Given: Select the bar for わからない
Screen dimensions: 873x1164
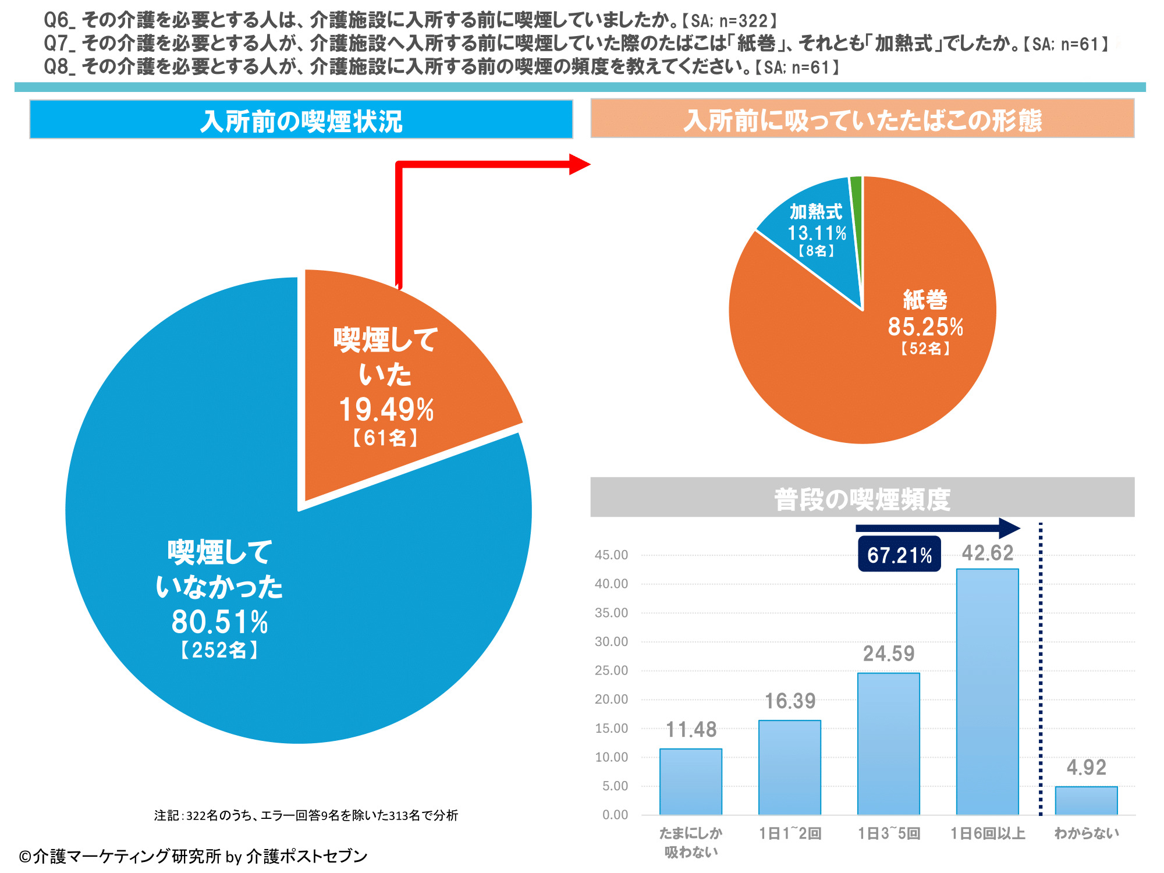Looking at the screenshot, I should click(1086, 800).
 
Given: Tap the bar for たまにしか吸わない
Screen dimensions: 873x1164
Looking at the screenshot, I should click(691, 781).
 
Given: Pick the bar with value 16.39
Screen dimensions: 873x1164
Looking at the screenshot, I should click(790, 767).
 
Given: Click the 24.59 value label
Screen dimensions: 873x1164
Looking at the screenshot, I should click(889, 654).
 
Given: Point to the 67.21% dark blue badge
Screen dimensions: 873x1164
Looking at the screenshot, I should click(899, 555).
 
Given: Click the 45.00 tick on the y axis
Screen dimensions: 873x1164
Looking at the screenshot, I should click(611, 555).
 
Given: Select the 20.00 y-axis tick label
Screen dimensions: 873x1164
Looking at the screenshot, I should click(611, 700).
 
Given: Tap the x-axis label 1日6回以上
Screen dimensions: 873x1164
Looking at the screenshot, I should click(988, 833).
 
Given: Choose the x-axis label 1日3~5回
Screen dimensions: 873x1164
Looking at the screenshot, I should click(889, 833).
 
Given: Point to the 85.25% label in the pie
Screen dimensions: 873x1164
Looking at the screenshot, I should click(925, 327).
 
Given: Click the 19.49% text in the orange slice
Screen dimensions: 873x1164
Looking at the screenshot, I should click(386, 410).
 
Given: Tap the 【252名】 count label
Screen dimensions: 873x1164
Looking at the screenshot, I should click(219, 650).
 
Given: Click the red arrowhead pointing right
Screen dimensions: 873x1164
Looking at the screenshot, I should click(579, 164).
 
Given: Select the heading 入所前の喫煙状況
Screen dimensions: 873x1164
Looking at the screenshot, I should click(301, 120).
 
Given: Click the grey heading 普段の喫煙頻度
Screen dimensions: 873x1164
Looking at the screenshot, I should click(862, 499).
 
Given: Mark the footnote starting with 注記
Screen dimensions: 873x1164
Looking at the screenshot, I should click(306, 815).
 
